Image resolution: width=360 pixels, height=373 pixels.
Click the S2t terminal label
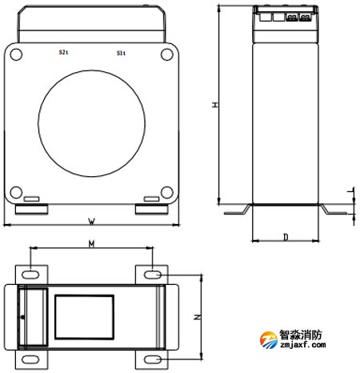(63, 53)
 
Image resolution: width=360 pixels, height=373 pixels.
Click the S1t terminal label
(121, 53)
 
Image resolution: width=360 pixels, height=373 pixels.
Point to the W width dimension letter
(91, 220)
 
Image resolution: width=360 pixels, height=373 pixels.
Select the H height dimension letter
(214, 105)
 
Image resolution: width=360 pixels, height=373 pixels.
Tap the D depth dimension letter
(286, 237)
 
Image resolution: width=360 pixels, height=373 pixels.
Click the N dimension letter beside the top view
(198, 318)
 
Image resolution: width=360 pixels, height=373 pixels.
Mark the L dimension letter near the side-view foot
(349, 191)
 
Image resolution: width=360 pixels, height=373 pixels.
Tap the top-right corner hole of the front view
(166, 54)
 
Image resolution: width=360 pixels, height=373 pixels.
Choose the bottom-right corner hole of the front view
(166, 191)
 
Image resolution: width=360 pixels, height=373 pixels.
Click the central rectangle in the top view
(84, 316)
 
